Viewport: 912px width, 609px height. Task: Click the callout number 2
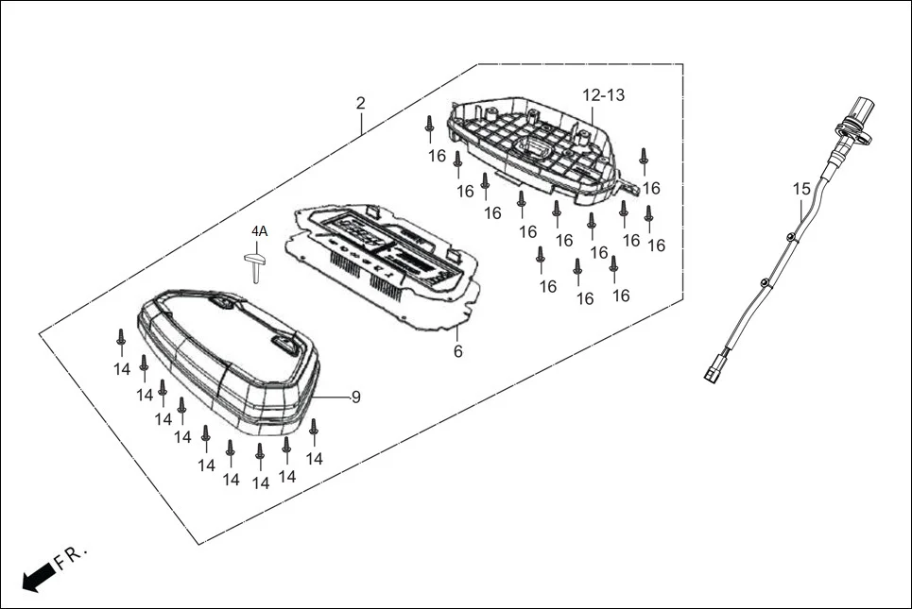point(360,102)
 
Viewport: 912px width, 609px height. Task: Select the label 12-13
point(603,95)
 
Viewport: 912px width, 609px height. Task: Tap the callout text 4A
point(259,231)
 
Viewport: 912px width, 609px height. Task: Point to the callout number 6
point(458,351)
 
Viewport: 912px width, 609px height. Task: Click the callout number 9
point(355,397)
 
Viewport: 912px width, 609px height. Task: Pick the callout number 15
point(801,189)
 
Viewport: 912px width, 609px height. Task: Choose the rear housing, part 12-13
point(534,151)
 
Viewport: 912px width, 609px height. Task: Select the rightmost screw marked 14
point(314,431)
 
